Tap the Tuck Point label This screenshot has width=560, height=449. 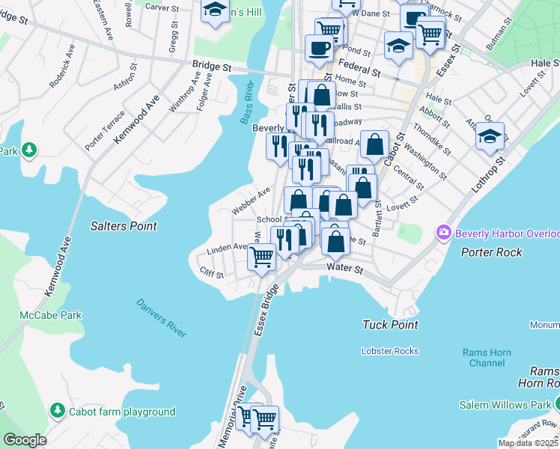click(389, 325)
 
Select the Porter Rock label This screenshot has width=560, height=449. click(492, 252)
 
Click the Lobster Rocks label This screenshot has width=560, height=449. click(389, 351)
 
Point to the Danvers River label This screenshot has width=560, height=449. click(161, 318)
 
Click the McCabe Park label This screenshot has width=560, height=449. click(50, 315)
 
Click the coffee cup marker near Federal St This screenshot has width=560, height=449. click(320, 49)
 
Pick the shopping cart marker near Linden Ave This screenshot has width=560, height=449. click(261, 257)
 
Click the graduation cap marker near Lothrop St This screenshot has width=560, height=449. click(490, 137)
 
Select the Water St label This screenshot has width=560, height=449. click(344, 268)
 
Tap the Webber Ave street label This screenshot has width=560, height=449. click(251, 202)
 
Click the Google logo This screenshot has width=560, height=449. click(25, 440)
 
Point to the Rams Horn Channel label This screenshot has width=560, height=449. click(487, 358)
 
